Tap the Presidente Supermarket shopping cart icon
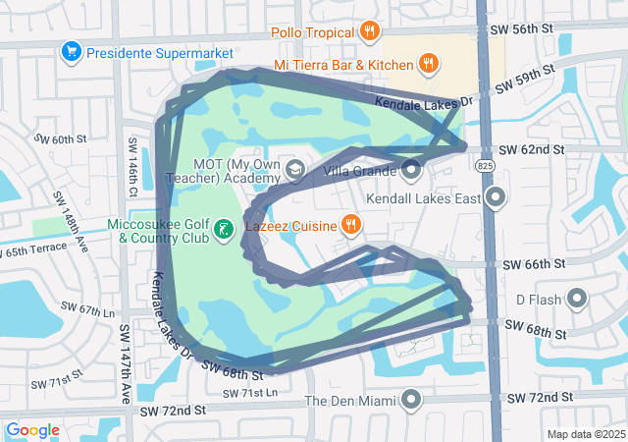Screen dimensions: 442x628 (x=71, y=51)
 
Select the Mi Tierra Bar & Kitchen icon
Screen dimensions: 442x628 (x=428, y=65)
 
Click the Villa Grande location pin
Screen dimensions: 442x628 (x=411, y=171)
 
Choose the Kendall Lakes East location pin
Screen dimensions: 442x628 (x=496, y=198)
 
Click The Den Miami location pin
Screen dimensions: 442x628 (x=411, y=400)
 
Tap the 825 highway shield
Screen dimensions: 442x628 (x=486, y=168)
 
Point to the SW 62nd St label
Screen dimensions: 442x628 (x=531, y=150)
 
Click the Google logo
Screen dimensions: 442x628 (x=32, y=430)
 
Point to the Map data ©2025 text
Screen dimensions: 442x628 (x=585, y=434)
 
